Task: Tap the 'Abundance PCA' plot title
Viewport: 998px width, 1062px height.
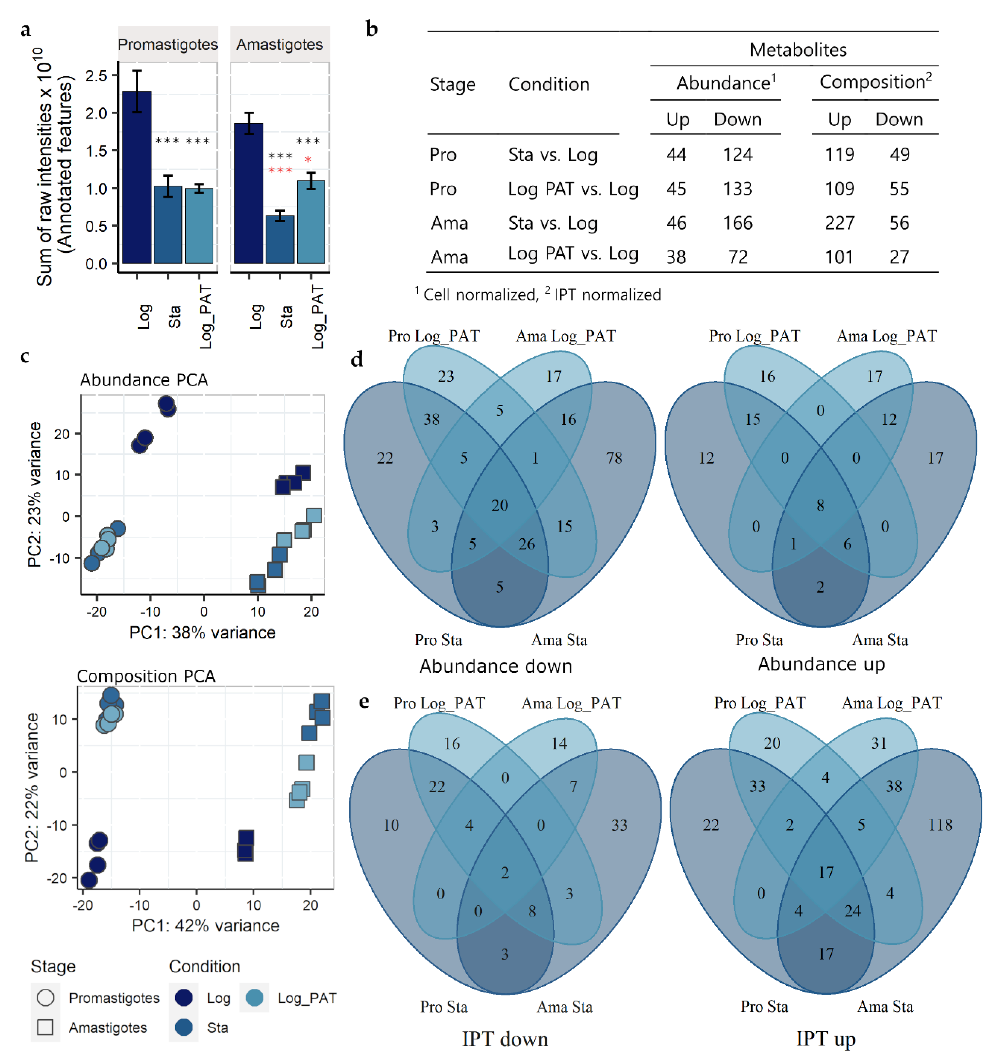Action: (x=144, y=380)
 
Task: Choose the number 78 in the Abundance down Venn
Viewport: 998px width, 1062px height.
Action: (x=614, y=458)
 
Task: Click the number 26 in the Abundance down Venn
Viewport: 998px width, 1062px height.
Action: (x=527, y=544)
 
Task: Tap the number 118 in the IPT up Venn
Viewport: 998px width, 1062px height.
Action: (x=940, y=825)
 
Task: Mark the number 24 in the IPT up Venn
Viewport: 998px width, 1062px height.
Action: (x=853, y=911)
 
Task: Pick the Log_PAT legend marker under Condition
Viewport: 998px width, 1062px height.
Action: (x=254, y=997)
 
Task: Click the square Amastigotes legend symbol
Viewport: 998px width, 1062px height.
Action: (x=45, y=1027)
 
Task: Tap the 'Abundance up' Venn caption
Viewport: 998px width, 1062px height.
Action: (x=821, y=664)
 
